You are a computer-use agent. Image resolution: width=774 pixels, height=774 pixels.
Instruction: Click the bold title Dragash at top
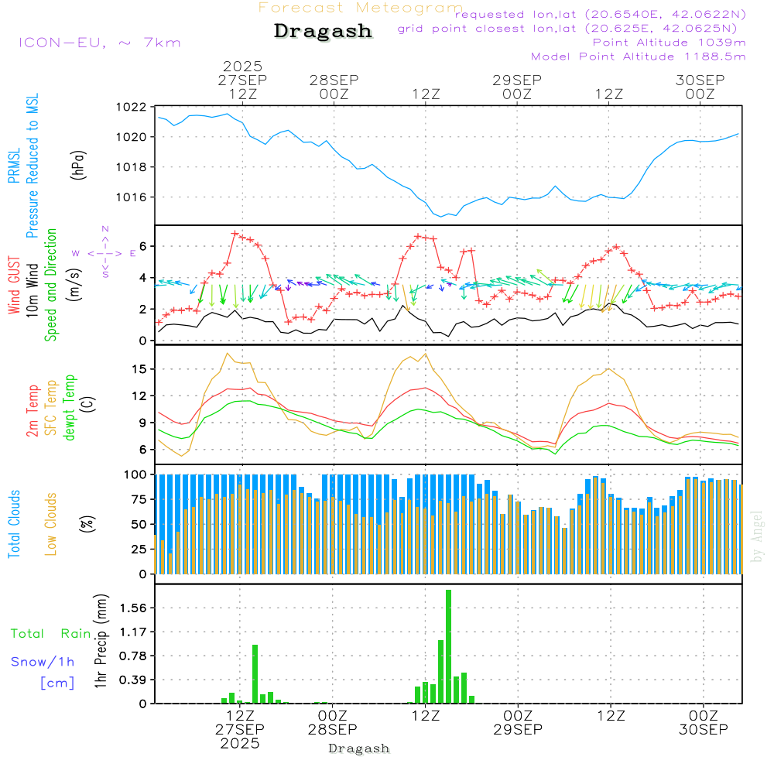coord(323,32)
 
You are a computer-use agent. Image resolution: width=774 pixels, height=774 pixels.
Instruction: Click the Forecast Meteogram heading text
coord(361,8)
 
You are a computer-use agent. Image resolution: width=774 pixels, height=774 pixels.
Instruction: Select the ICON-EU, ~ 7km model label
coord(99,43)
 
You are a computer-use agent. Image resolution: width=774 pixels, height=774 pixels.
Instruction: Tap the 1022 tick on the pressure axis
coord(131,108)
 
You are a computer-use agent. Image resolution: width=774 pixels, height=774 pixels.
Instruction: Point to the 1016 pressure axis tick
coord(131,197)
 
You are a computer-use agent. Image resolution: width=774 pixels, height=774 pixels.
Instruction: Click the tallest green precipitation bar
coord(448,646)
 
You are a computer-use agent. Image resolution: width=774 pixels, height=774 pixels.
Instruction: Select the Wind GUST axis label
coord(15,286)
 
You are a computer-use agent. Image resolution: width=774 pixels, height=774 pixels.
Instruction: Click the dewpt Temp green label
coord(70,407)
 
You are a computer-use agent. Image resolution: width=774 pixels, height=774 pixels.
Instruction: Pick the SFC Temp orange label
coord(51,407)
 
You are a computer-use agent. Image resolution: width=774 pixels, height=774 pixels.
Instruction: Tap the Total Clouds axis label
coord(15,523)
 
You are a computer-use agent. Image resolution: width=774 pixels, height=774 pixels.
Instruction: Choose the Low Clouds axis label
coord(51,523)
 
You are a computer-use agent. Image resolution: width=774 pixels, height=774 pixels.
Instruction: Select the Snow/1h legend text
coord(43,662)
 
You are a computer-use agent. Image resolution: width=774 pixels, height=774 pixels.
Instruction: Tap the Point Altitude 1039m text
coord(669,43)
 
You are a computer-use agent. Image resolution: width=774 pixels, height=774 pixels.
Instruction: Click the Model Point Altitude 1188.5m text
coord(638,57)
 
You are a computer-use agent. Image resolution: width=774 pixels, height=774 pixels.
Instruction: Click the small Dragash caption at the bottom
coord(358,748)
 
